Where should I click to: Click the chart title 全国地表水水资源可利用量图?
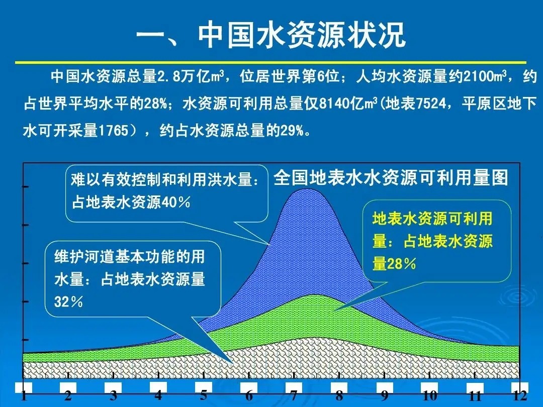[x=391, y=178]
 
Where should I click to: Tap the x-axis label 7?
[x=294, y=395]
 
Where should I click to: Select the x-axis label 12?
[x=520, y=395]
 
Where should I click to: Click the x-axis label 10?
[x=429, y=394]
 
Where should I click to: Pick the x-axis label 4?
[x=158, y=394]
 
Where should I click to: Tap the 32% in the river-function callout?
[x=68, y=301]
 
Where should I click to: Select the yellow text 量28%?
[x=394, y=263]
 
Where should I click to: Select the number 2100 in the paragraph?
[x=481, y=77]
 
